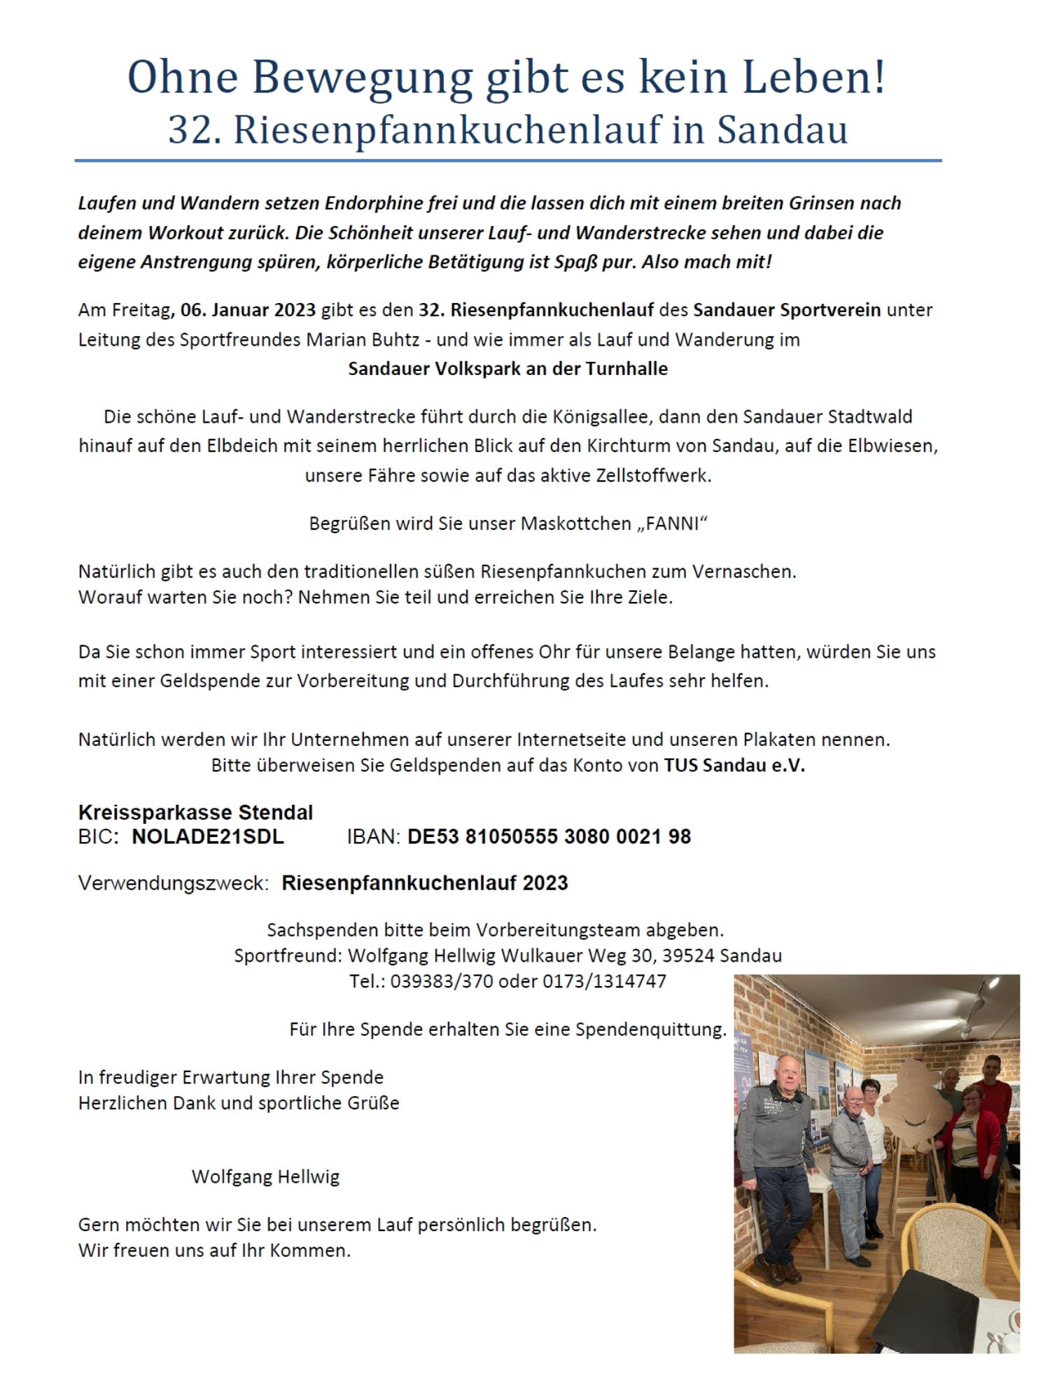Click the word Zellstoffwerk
click(x=653, y=475)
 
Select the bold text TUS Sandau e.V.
click(x=734, y=765)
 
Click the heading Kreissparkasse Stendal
click(x=195, y=813)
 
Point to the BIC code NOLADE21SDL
click(x=207, y=837)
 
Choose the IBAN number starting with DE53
click(x=549, y=837)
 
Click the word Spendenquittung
click(x=650, y=1029)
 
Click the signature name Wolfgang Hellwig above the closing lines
click(x=265, y=1176)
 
